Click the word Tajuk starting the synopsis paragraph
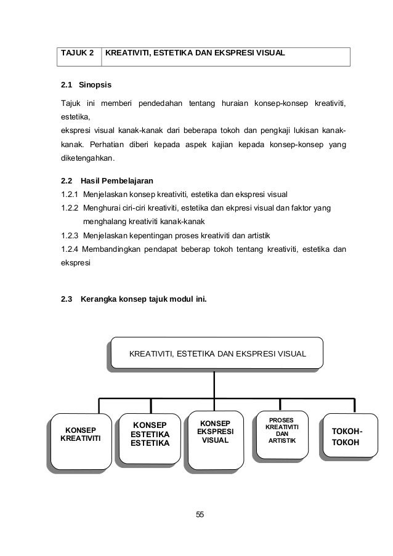click(70, 102)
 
